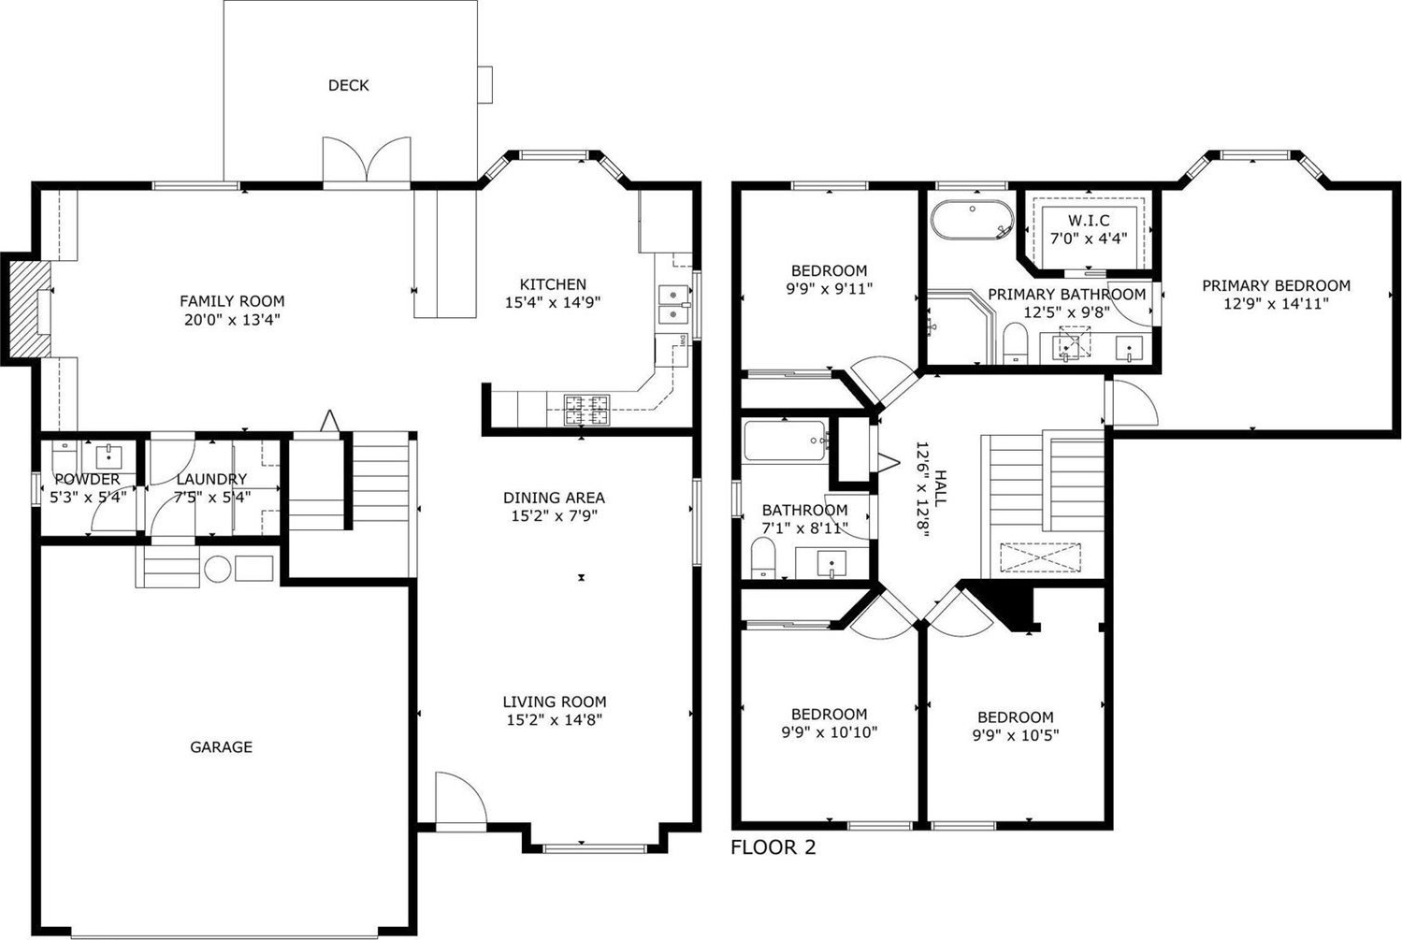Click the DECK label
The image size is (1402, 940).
(348, 85)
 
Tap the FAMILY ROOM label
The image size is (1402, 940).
(232, 301)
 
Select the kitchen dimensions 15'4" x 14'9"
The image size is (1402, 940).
(553, 303)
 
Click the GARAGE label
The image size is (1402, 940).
(221, 746)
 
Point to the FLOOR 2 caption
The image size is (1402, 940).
(773, 847)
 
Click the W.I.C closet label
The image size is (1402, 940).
(1089, 221)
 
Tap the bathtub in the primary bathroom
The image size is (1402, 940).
(972, 220)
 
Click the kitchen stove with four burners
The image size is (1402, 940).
(586, 410)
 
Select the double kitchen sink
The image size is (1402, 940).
(674, 304)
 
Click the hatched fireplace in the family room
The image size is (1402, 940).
(29, 309)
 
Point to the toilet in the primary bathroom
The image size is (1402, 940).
(1015, 343)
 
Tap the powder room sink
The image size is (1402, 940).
(108, 456)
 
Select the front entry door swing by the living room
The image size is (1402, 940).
(461, 801)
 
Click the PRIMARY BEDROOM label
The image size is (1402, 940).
(1276, 286)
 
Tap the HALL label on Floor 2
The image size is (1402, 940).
(939, 488)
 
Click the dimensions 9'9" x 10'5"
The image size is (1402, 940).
(1015, 735)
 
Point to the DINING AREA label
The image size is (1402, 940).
(554, 499)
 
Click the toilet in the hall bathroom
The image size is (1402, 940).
(763, 558)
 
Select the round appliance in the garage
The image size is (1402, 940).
(218, 570)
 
